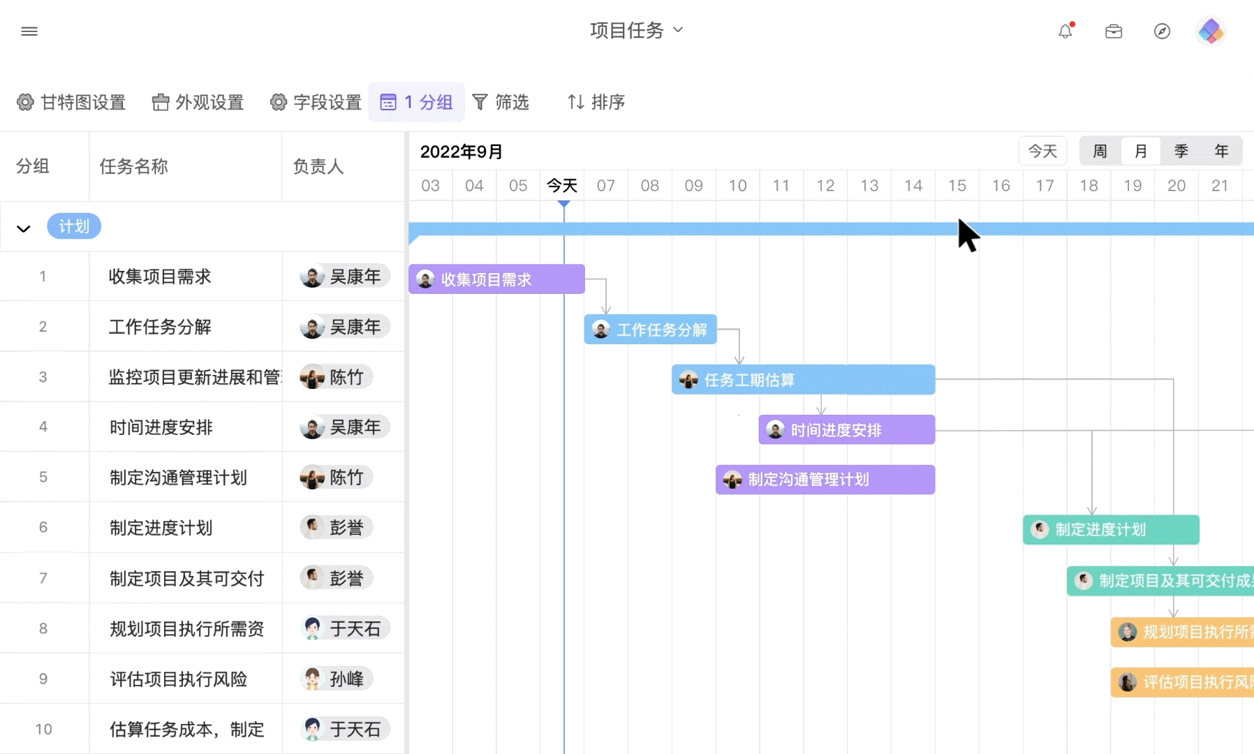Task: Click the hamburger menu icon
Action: coord(29,31)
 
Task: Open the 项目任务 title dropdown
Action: coord(636,30)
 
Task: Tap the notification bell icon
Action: coord(1065,31)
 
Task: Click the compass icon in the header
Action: coord(1162,31)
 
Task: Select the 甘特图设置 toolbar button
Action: coord(71,103)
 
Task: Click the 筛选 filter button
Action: coord(501,103)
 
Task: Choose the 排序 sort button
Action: coord(596,103)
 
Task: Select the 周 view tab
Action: coord(1100,151)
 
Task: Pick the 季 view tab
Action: coord(1181,151)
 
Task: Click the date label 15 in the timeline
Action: coord(957,186)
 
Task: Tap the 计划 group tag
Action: coord(74,226)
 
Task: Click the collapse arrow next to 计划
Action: coord(24,228)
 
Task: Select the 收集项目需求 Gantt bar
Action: coord(496,279)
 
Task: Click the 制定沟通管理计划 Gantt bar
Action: coord(825,480)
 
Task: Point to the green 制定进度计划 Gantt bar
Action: coord(1111,530)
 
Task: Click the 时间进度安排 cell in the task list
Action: coord(161,427)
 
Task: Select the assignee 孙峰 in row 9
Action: coord(337,679)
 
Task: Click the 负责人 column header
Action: coord(318,167)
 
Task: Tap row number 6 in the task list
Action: coord(43,528)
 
